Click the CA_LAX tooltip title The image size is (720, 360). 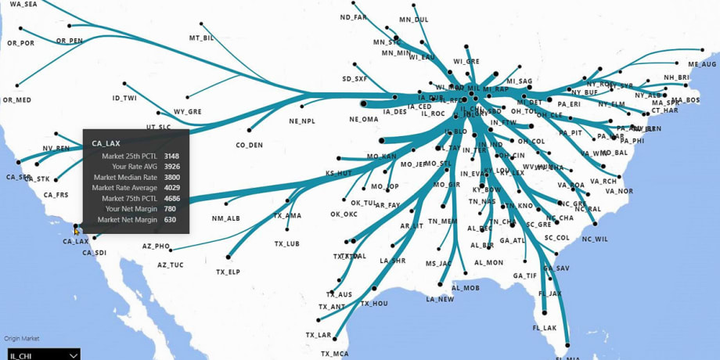click(x=106, y=143)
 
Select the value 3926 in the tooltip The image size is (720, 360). click(x=171, y=167)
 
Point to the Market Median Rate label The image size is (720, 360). click(x=124, y=178)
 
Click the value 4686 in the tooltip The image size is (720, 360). click(x=171, y=199)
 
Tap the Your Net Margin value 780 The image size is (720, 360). click(x=170, y=209)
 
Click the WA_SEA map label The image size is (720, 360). click(x=23, y=5)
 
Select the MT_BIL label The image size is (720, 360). click(x=201, y=38)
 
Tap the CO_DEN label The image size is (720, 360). click(x=249, y=145)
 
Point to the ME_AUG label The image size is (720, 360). click(x=702, y=64)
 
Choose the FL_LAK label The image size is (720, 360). click(x=544, y=328)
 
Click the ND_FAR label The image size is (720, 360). click(x=353, y=17)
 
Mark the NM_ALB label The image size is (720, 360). click(x=225, y=218)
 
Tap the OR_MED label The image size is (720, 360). click(x=17, y=100)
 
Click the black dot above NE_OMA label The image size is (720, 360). click(x=363, y=103)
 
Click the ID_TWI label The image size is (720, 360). click(x=124, y=99)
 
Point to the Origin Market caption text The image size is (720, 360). click(x=21, y=339)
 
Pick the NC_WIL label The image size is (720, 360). click(x=594, y=239)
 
